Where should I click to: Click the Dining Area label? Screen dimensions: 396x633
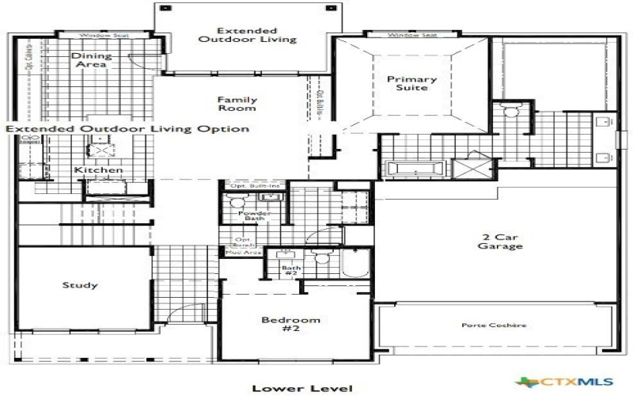click(x=92, y=61)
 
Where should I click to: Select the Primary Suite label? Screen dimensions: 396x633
click(x=411, y=83)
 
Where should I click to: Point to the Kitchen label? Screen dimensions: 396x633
click(x=98, y=170)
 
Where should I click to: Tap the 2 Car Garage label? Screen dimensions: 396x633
click(x=500, y=242)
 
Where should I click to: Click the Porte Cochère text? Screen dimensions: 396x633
click(x=494, y=326)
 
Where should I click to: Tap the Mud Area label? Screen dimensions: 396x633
click(x=244, y=253)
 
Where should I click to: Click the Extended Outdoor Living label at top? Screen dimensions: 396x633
click(x=247, y=33)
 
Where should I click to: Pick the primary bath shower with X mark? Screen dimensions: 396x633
click(x=472, y=170)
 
